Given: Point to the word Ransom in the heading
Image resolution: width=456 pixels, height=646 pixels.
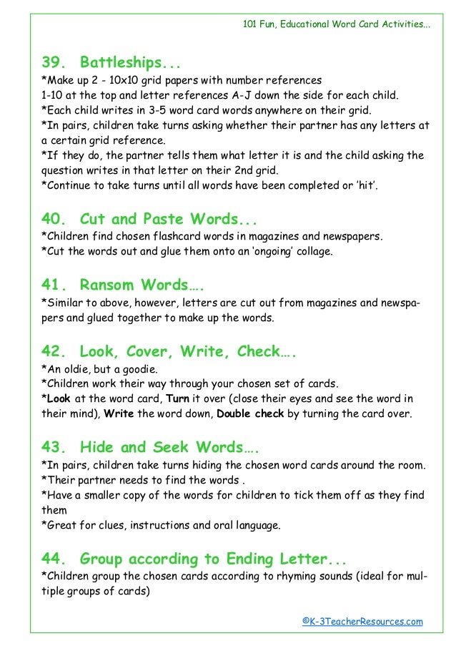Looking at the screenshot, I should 106,285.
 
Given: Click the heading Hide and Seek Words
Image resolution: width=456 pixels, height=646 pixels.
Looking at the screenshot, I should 169,448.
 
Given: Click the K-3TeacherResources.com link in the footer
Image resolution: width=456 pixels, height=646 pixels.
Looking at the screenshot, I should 362,621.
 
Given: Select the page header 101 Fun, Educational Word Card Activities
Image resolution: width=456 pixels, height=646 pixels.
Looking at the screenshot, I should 337,24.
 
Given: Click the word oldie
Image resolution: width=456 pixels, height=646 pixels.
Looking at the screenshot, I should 75,368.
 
